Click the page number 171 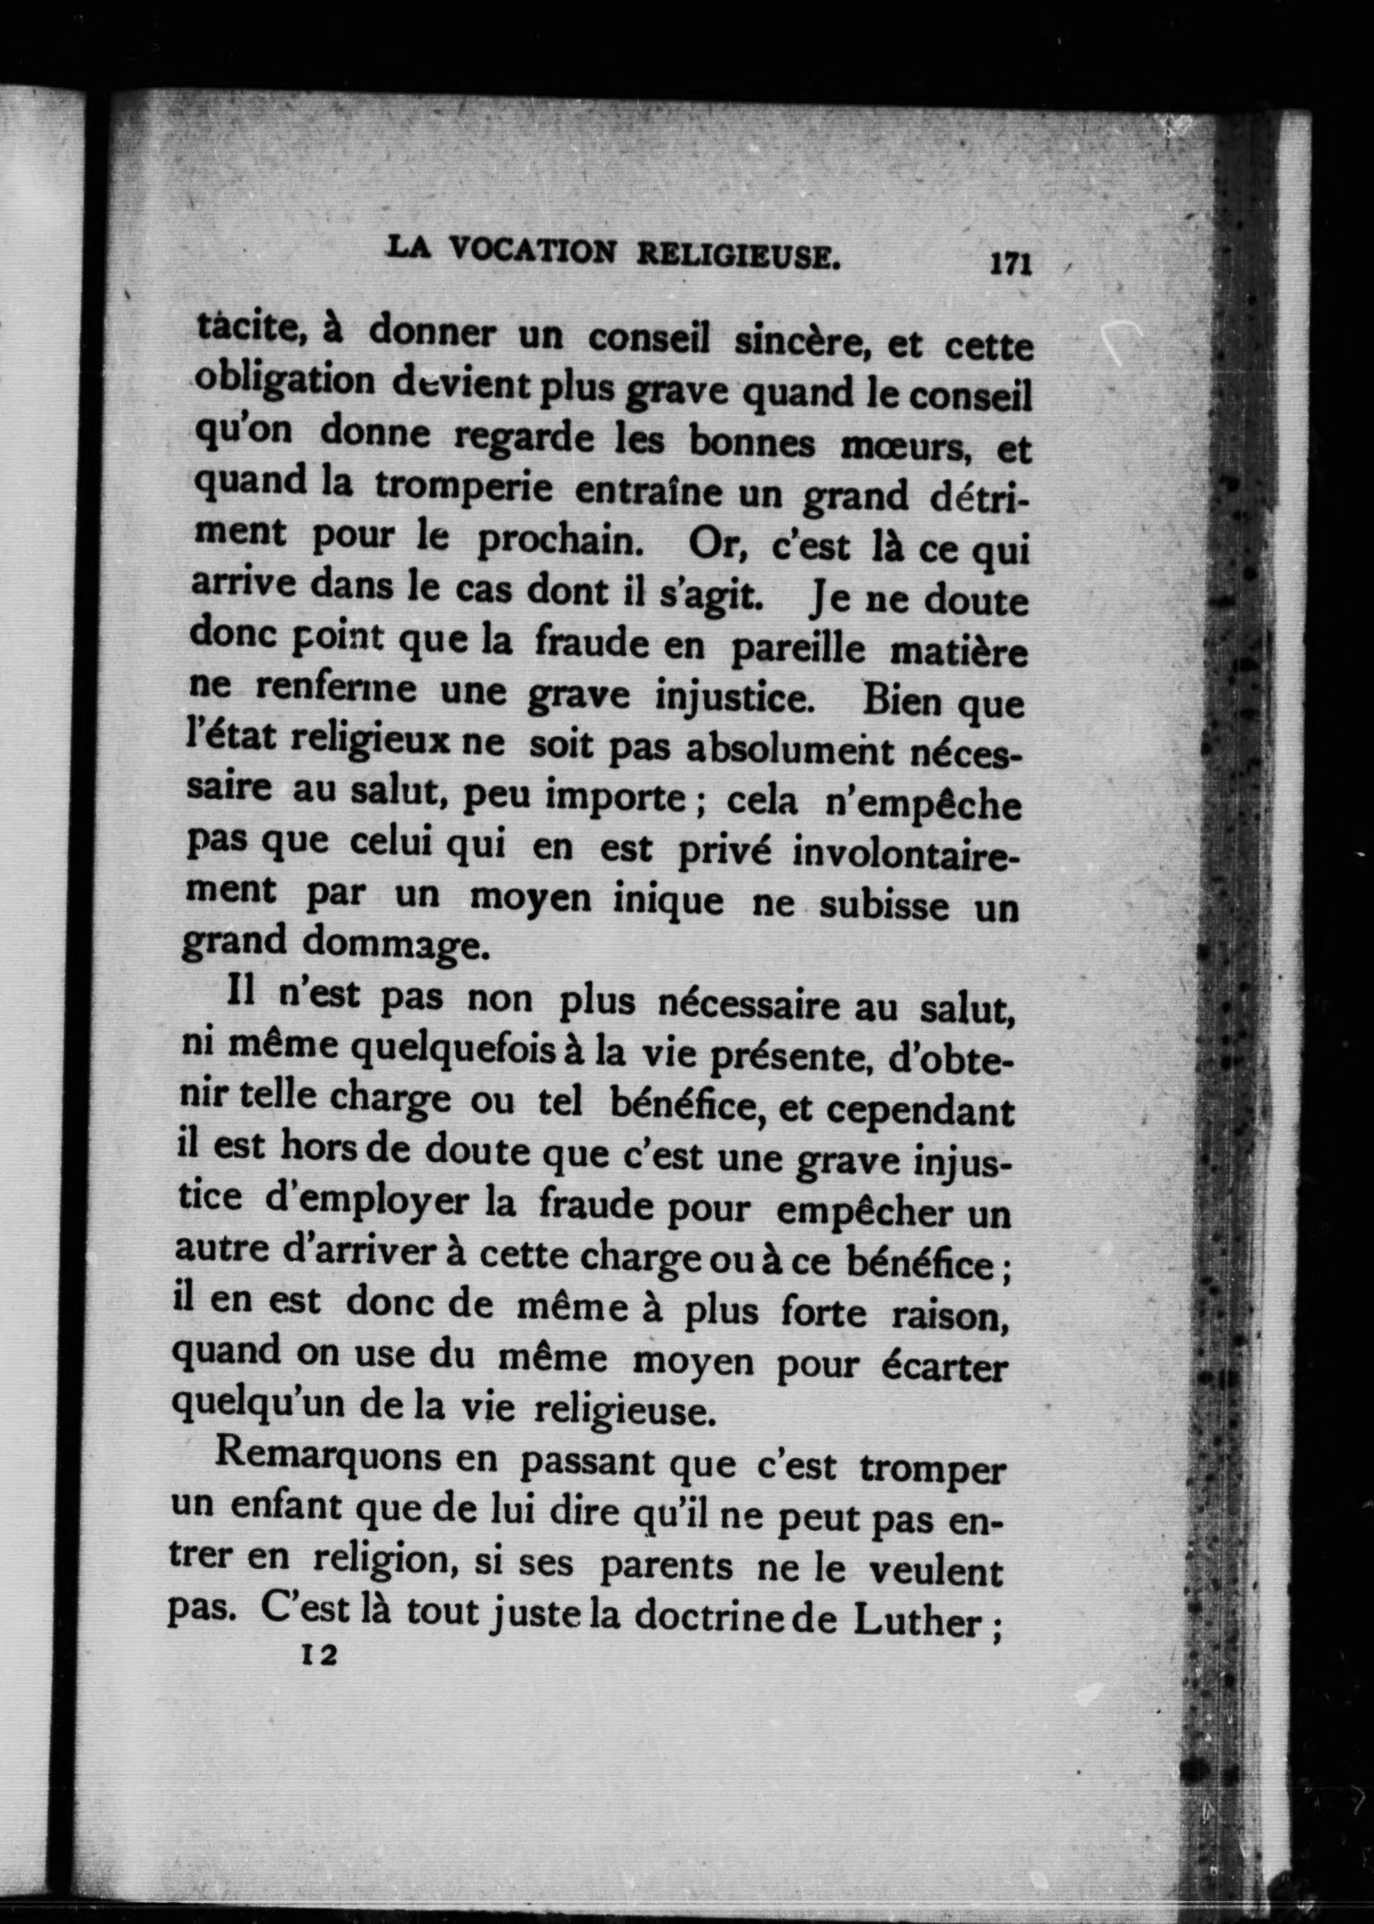click(x=1009, y=264)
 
